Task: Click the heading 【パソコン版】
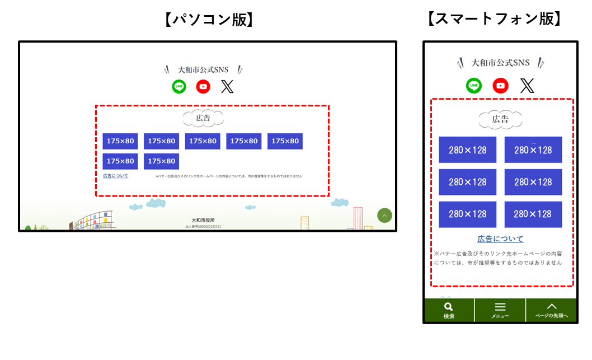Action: [x=209, y=20]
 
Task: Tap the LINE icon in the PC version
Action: [x=179, y=86]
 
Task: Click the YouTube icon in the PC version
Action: [x=203, y=86]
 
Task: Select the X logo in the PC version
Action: [x=227, y=86]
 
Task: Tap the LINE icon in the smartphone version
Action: [x=474, y=86]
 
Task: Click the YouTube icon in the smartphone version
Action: [x=501, y=86]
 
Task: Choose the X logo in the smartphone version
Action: [x=527, y=86]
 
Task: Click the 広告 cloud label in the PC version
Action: [x=203, y=118]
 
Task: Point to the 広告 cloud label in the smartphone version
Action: [x=500, y=119]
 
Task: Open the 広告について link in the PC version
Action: [x=115, y=176]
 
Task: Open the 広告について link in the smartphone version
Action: [x=500, y=239]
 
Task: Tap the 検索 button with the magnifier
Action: [x=449, y=310]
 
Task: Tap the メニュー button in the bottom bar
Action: [x=500, y=310]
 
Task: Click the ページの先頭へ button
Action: [x=551, y=310]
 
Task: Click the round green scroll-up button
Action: [x=384, y=216]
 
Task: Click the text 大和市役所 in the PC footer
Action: [x=203, y=221]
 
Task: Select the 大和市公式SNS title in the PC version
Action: [x=203, y=70]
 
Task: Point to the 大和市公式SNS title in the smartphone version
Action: [x=500, y=63]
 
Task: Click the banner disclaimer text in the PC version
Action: [x=229, y=176]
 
